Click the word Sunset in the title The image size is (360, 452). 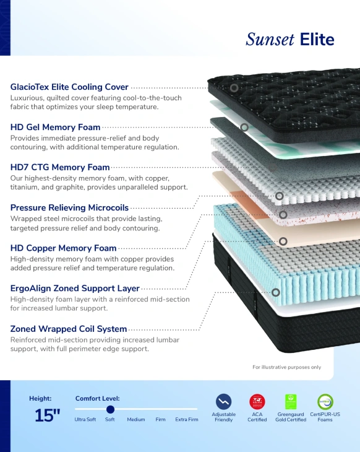pyautogui.click(x=270, y=40)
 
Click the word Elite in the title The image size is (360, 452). pyautogui.click(x=317, y=40)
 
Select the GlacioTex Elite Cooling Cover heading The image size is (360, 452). pyautogui.click(x=69, y=87)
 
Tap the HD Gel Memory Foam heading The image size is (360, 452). pyautogui.click(x=55, y=127)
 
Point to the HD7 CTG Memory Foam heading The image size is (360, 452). pyautogui.click(x=60, y=167)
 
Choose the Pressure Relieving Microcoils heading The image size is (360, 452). pyautogui.click(x=69, y=207)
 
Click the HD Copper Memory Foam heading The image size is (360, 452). pyautogui.click(x=63, y=248)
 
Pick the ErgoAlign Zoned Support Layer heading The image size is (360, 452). pyautogui.click(x=75, y=289)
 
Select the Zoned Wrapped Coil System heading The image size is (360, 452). pyautogui.click(x=69, y=329)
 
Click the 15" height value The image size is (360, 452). pyautogui.click(x=47, y=415)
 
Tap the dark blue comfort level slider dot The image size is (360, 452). pyautogui.click(x=110, y=409)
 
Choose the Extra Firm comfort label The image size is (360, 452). pyautogui.click(x=187, y=419)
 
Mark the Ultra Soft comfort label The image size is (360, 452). pyautogui.click(x=85, y=419)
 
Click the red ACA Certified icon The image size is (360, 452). pyautogui.click(x=257, y=402)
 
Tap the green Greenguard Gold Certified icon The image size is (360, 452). pyautogui.click(x=291, y=402)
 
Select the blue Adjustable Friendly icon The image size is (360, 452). pyautogui.click(x=223, y=402)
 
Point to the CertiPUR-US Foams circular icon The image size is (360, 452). pyautogui.click(x=325, y=402)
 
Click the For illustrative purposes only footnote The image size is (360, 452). pyautogui.click(x=286, y=367)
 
